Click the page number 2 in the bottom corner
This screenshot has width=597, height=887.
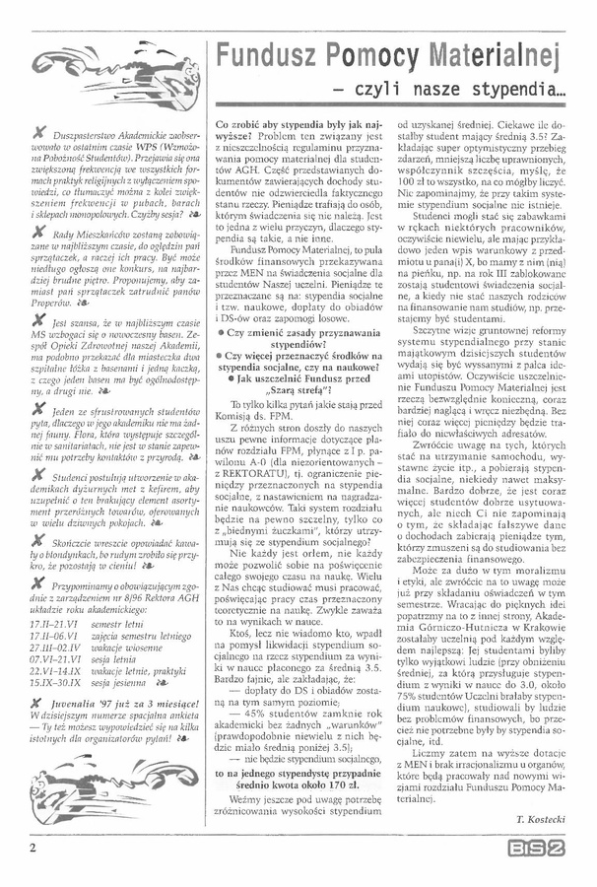[x=33, y=845]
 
